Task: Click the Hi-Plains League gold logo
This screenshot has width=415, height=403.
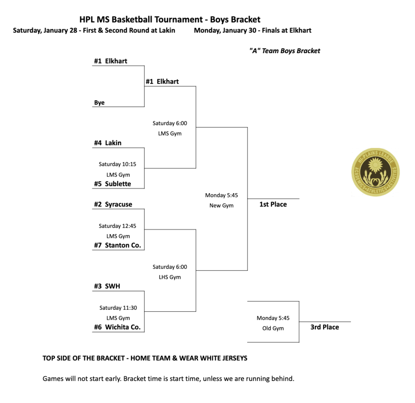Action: [375, 172]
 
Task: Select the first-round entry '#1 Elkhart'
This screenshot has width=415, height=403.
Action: [111, 61]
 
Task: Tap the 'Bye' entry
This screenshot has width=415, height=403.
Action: [99, 103]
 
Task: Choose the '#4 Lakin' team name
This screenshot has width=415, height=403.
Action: [108, 143]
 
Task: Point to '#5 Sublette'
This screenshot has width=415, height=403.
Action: [113, 184]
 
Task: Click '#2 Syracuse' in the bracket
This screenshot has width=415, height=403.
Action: [113, 205]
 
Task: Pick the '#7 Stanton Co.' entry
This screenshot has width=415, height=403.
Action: [118, 245]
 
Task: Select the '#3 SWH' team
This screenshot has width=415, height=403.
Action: [107, 286]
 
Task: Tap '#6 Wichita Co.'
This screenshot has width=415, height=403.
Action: [118, 327]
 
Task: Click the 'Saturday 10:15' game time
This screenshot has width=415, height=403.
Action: [118, 164]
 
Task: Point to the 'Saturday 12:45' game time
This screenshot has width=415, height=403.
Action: [118, 226]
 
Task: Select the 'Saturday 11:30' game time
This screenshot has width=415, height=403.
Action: [118, 308]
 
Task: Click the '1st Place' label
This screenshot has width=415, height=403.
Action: [273, 205]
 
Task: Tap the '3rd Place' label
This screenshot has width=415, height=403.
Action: [325, 327]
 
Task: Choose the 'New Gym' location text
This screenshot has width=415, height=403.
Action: [221, 206]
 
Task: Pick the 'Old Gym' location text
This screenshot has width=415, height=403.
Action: [273, 328]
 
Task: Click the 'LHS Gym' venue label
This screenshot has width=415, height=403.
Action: [169, 277]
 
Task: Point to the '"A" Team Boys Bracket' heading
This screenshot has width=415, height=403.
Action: [285, 51]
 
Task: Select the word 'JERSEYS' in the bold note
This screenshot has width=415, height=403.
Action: [233, 358]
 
